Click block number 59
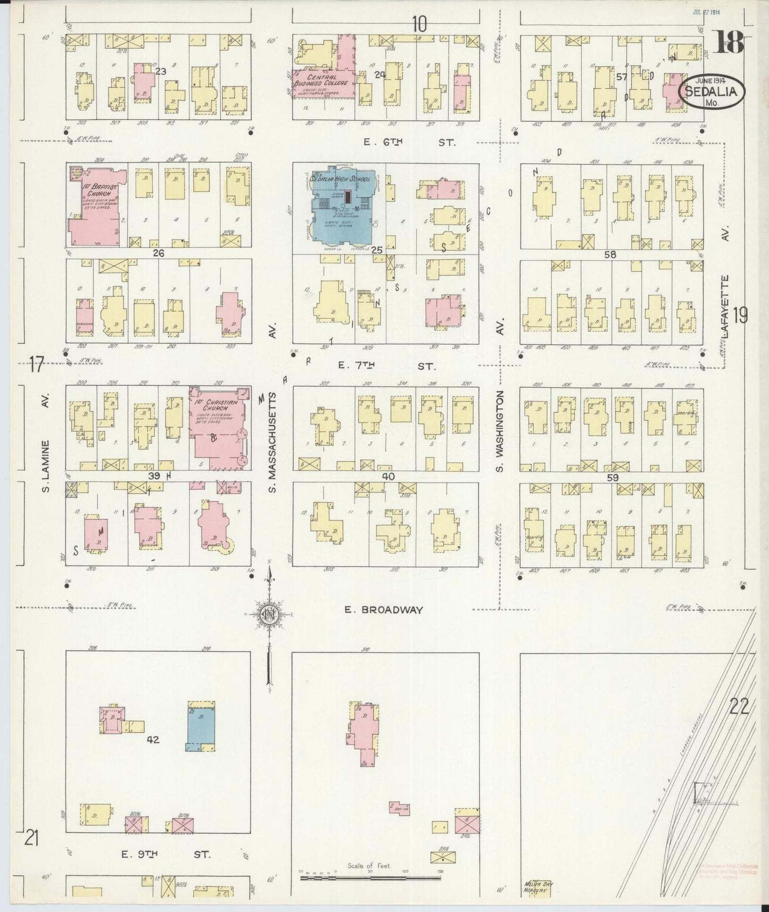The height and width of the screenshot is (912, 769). [612, 477]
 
